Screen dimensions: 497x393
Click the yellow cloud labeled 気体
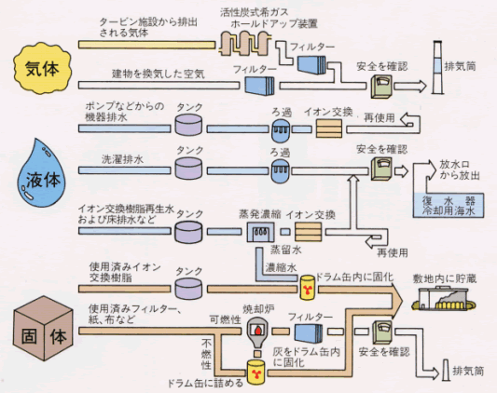coord(42,69)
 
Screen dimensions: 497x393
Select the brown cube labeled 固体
coord(44,329)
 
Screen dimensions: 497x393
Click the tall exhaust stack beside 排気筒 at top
coord(437,67)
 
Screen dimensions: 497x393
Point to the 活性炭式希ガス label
coord(255,12)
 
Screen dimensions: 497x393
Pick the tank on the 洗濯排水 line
coord(188,168)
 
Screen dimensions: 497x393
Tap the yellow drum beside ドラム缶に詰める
coord(255,373)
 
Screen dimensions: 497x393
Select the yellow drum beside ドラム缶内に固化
coord(308,288)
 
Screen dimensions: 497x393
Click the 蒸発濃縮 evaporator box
coord(260,232)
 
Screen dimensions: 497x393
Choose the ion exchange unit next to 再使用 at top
coord(329,128)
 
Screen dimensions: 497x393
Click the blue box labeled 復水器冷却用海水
coord(449,205)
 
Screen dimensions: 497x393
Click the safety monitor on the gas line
coord(382,86)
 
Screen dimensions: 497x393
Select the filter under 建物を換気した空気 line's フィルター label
coord(259,86)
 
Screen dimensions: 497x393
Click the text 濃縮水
coord(281,267)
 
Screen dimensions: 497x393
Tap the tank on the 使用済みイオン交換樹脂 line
coord(188,289)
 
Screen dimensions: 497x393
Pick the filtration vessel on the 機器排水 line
coord(281,129)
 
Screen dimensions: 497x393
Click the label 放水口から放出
coord(459,169)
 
